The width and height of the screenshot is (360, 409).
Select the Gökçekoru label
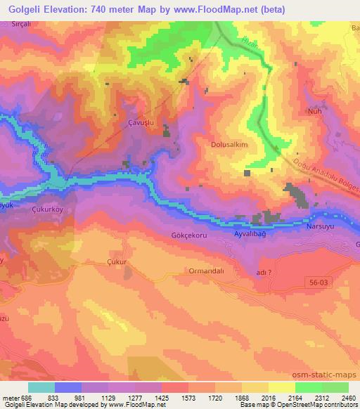click(x=189, y=236)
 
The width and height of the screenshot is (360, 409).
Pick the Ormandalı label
click(x=206, y=271)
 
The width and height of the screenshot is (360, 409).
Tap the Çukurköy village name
click(x=49, y=209)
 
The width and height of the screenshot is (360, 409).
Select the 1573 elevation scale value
click(x=188, y=397)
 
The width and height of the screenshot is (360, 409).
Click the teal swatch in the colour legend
click(x=41, y=387)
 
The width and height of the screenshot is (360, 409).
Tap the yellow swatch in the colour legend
click(x=281, y=387)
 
